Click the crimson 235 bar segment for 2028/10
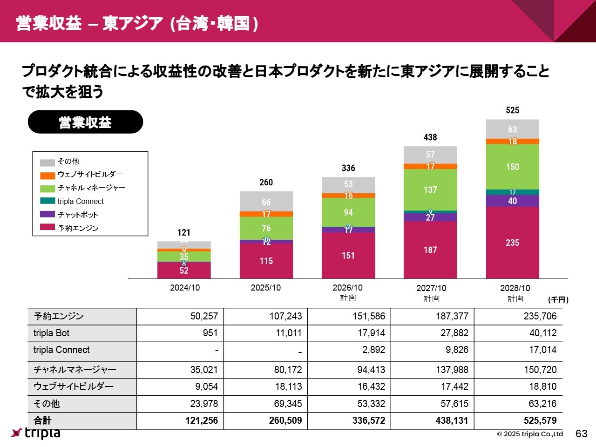pyautogui.click(x=512, y=243)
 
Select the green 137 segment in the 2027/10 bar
pyautogui.click(x=430, y=190)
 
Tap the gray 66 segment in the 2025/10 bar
pyautogui.click(x=266, y=202)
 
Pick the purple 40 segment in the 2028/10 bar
pyautogui.click(x=512, y=201)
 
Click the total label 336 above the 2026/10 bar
pyautogui.click(x=348, y=168)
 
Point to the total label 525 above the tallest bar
pyautogui.click(x=512, y=110)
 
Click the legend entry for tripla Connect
pyautogui.click(x=80, y=201)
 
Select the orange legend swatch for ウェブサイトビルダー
pyautogui.click(x=47, y=176)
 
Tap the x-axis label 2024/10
pyautogui.click(x=185, y=288)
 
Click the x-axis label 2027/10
pyautogui.click(x=431, y=288)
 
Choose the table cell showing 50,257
pyautogui.click(x=204, y=316)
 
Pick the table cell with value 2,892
pyautogui.click(x=373, y=350)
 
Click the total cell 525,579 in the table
pyautogui.click(x=540, y=420)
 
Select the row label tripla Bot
pyautogui.click(x=51, y=333)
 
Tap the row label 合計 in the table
pyautogui.click(x=42, y=420)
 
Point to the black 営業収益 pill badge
pyautogui.click(x=85, y=122)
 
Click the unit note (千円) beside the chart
pyautogui.click(x=558, y=299)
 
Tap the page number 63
pyautogui.click(x=581, y=433)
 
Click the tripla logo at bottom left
pyautogui.click(x=36, y=433)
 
